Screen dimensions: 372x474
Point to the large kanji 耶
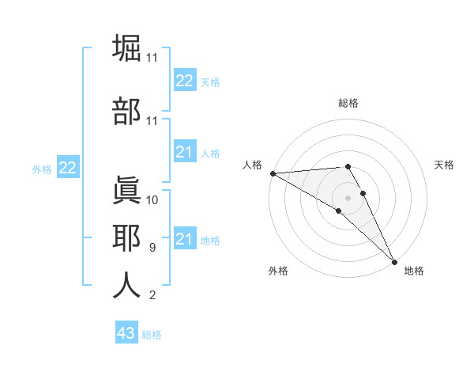pos(127,237)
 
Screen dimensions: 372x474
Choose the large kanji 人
pos(127,286)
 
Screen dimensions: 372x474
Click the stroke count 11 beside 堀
pos(152,58)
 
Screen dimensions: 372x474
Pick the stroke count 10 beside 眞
pos(152,200)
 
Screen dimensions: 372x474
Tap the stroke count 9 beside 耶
pos(152,248)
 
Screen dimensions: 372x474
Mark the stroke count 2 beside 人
pos(152,296)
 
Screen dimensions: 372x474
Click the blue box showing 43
pos(126,333)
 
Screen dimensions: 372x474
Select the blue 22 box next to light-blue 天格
pos(184,80)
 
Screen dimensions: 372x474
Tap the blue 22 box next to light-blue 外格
pos(67,168)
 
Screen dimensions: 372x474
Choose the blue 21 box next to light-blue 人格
pos(184,152)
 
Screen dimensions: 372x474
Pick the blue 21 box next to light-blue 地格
pos(184,239)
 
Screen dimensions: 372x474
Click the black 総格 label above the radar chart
pos(348,103)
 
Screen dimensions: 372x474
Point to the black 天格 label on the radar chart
pos(445,165)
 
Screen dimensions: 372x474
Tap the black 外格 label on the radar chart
pos(278,271)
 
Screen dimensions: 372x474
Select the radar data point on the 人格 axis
pos(273,173)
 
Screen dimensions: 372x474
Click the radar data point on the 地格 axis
pos(394,261)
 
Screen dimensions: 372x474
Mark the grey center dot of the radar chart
pos(348,197)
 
